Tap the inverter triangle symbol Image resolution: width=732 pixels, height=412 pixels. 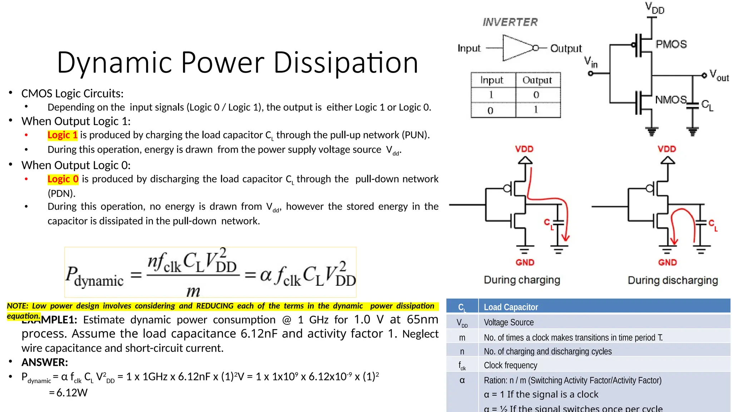tap(518, 48)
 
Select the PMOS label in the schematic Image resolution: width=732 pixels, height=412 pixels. tap(671, 44)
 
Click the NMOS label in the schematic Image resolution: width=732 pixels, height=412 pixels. tap(671, 99)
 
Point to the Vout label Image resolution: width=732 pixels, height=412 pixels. tap(719, 75)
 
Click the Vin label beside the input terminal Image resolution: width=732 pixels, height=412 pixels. tap(591, 62)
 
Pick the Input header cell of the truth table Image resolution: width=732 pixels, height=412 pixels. tap(492, 80)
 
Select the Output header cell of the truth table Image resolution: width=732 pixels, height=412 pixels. tap(537, 80)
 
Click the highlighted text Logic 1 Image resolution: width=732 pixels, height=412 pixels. tap(63, 135)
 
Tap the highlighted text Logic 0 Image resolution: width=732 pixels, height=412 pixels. tap(63, 179)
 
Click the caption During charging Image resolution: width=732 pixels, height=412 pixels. tap(522, 280)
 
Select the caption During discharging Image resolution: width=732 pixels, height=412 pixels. tap(673, 280)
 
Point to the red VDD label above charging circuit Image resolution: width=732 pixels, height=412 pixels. tap(524, 149)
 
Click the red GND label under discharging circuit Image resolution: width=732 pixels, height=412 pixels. tap(667, 263)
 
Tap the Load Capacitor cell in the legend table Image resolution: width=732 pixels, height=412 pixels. tap(511, 307)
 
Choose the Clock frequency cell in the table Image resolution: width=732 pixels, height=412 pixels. tap(510, 365)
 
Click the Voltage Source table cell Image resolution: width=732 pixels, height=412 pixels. tap(509, 322)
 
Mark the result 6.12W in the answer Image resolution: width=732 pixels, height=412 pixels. tap(72, 393)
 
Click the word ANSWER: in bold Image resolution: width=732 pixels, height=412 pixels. tap(45, 362)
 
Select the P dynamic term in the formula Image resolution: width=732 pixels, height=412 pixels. tap(94, 276)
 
